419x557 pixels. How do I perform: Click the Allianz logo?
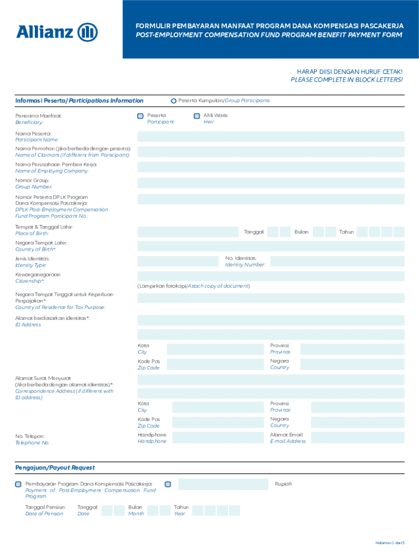(x=57, y=32)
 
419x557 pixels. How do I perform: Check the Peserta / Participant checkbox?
(x=140, y=116)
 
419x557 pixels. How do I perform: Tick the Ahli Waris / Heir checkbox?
(x=197, y=116)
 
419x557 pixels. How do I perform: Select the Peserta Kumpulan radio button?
(x=174, y=101)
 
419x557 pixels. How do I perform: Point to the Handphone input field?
(x=218, y=438)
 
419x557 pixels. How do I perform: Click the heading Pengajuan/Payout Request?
(x=55, y=468)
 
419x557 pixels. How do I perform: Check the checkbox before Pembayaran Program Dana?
(x=19, y=484)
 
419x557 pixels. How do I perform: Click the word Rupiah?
(x=284, y=484)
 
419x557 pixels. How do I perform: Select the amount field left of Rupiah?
(x=223, y=484)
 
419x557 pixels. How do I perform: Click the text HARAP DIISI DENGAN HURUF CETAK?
(x=349, y=72)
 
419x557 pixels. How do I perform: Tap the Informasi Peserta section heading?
(x=79, y=101)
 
